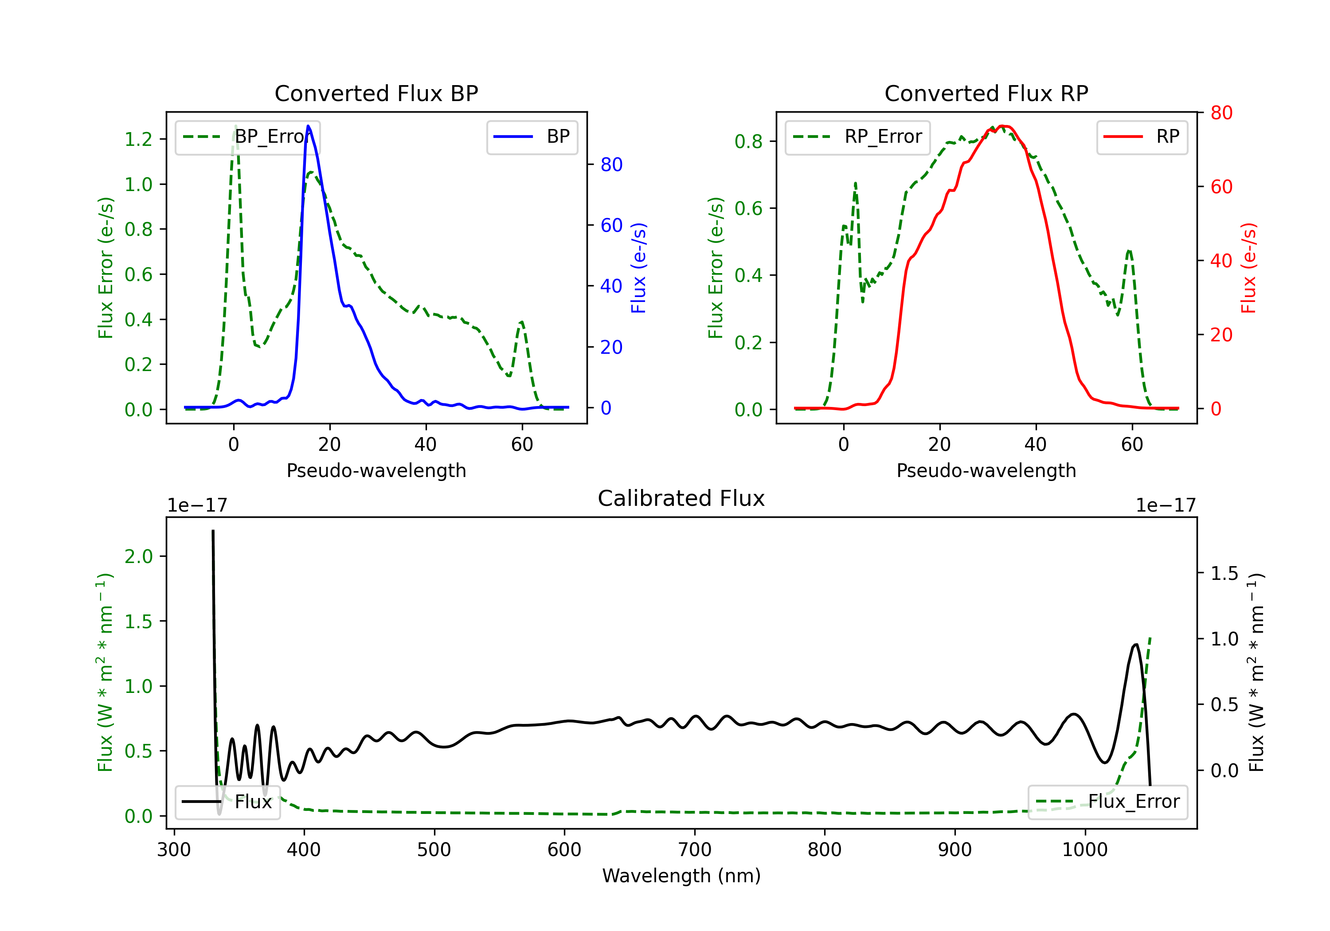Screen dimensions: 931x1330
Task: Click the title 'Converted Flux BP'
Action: [376, 93]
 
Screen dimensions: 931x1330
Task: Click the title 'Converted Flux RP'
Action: [986, 93]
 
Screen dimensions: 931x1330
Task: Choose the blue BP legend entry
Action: [532, 137]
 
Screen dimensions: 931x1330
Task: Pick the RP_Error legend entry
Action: [857, 137]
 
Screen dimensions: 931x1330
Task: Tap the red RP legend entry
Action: [1142, 137]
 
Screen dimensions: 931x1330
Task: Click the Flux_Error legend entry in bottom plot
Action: [1107, 802]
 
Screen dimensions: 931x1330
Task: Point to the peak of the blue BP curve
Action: [308, 126]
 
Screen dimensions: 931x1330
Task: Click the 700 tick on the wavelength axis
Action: [695, 850]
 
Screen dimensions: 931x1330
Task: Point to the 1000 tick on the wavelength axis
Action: [1084, 850]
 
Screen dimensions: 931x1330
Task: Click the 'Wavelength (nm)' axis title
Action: [681, 876]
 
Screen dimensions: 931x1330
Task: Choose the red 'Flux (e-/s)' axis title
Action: [1248, 268]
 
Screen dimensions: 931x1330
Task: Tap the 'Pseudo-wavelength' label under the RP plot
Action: [986, 470]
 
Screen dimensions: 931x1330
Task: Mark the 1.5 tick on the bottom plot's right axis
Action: [1224, 574]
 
